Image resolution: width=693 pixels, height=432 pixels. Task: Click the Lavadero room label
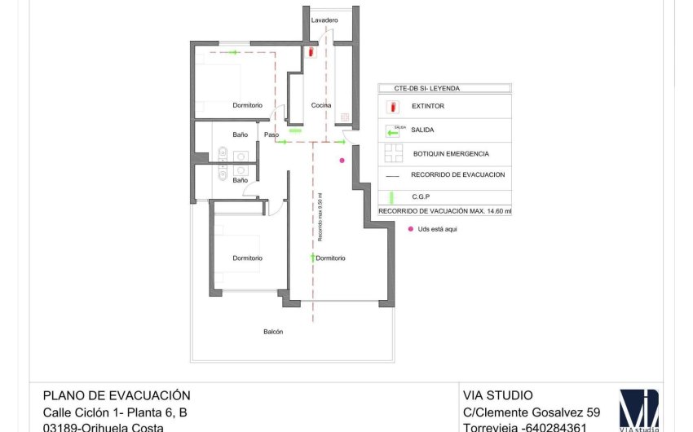coord(324,20)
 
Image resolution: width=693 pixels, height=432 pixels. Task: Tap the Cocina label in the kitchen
coord(321,105)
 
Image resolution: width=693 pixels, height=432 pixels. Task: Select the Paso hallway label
coord(271,134)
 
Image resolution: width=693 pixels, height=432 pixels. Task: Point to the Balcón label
coord(274,332)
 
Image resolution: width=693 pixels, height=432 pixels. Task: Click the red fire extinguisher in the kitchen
coord(312,52)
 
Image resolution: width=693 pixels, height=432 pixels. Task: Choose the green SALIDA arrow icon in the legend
coord(394,130)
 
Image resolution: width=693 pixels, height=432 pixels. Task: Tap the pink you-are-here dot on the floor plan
coord(342,161)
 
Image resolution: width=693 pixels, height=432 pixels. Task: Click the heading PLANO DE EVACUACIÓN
coord(116,395)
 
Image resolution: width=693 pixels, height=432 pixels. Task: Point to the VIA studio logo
coord(638,410)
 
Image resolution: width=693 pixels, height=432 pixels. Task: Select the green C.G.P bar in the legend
coord(392,196)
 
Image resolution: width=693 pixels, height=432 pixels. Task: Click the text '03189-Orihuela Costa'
coord(103,427)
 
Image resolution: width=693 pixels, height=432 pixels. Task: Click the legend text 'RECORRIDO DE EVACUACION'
coord(458,174)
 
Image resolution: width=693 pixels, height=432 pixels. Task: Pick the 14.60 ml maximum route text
coord(445,211)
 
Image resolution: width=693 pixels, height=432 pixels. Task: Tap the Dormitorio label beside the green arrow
coord(330,258)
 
